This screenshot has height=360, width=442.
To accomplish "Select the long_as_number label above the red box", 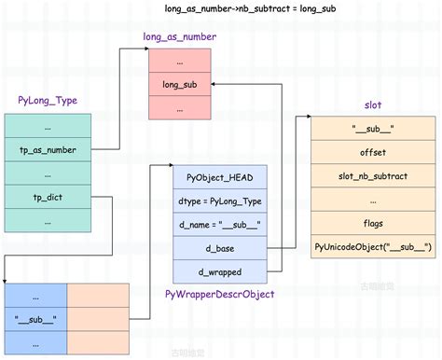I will [180, 37].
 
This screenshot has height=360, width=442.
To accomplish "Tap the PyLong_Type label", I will [47, 100].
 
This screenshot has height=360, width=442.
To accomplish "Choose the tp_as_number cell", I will [48, 149].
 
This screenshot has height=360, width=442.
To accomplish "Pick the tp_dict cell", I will [48, 197].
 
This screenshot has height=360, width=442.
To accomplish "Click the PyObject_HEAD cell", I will [220, 177].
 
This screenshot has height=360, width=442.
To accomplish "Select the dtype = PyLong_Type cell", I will [220, 201].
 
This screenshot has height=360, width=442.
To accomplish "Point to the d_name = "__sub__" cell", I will [220, 224].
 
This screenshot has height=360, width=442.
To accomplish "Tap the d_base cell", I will [220, 248].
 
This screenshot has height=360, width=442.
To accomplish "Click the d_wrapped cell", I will [220, 271].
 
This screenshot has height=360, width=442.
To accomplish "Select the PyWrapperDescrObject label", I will [220, 294].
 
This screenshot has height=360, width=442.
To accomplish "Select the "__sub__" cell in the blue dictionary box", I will [35, 318].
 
